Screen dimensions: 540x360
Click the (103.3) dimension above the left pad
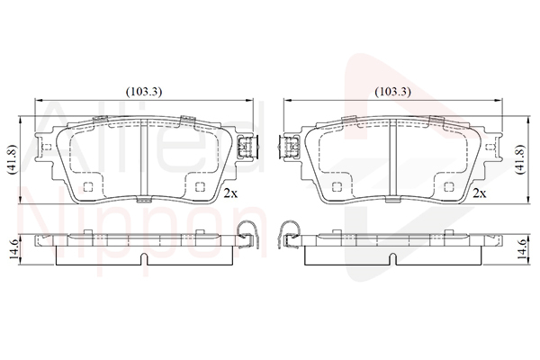click(x=144, y=92)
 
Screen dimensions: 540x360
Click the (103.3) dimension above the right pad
click(x=393, y=92)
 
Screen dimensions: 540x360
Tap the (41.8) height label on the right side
click(x=522, y=159)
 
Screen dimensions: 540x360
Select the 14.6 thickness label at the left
click(x=15, y=250)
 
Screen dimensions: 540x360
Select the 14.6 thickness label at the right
click(x=523, y=250)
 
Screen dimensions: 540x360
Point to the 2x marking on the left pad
click(x=230, y=193)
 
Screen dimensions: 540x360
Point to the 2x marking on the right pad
click(x=480, y=193)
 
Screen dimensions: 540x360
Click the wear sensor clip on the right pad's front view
click(x=289, y=147)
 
